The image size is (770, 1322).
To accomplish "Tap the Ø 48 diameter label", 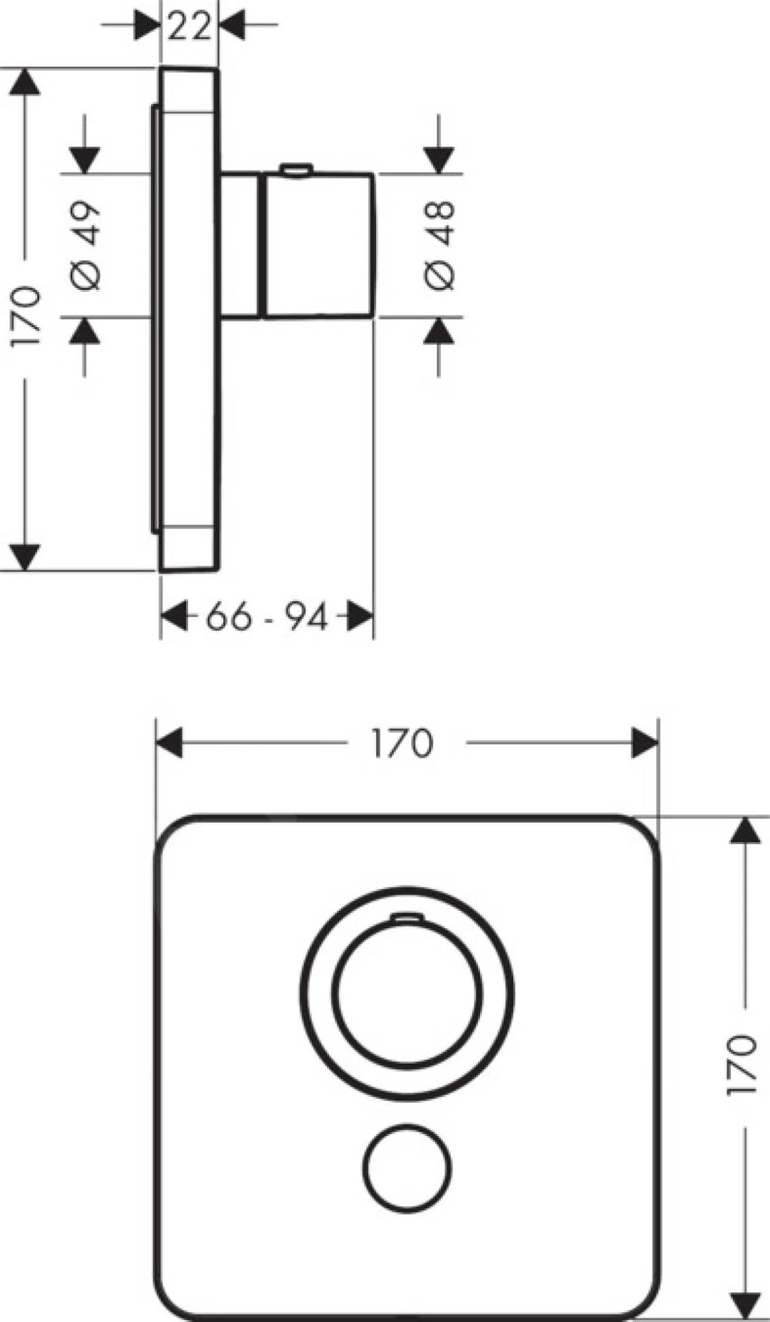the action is (439, 245).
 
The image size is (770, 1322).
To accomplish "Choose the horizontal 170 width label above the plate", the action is (402, 743).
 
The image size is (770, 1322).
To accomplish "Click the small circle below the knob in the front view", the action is (407, 1168).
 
